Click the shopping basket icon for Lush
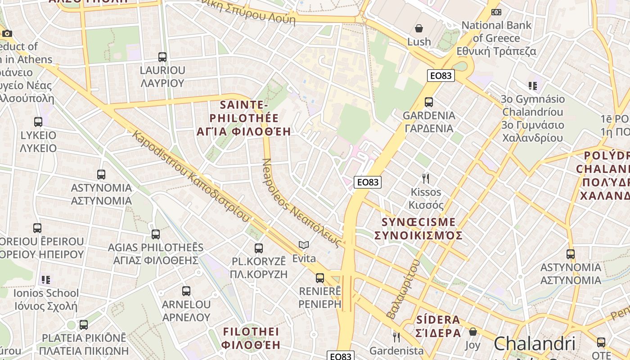tap(419, 28)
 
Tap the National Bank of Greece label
tap(496, 38)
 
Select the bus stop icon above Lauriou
tap(162, 57)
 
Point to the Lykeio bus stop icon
tap(38, 121)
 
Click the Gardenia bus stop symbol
tap(429, 102)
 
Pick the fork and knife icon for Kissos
tap(426, 179)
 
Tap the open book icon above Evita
tap(304, 245)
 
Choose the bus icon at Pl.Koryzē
tap(259, 248)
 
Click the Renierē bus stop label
tap(320, 297)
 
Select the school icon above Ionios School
tap(46, 280)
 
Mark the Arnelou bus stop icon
tap(186, 291)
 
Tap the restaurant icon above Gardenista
tap(396, 337)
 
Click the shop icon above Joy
tap(473, 332)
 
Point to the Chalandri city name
tap(535, 344)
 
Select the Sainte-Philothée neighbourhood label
tap(243, 118)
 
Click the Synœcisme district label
tap(418, 229)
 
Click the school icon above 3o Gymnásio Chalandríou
tap(533, 85)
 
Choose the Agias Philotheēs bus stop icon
tap(156, 234)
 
